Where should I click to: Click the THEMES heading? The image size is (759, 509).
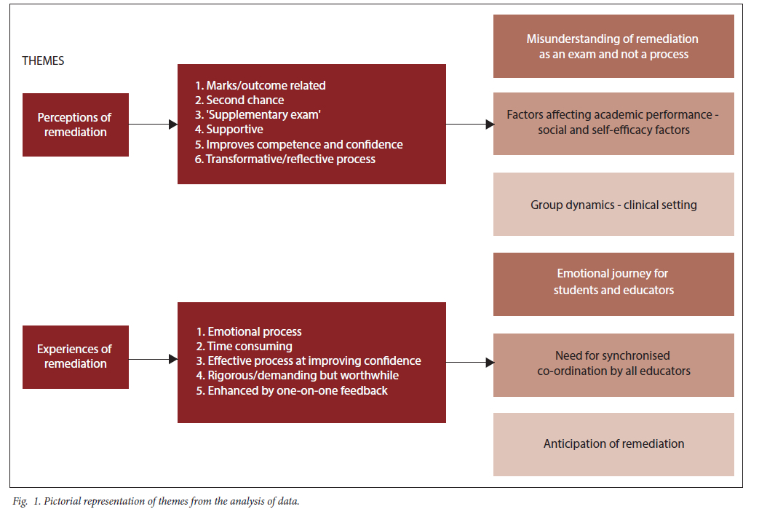[43, 60]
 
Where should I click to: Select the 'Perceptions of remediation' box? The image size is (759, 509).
[76, 125]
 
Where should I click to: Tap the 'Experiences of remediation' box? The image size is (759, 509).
[76, 357]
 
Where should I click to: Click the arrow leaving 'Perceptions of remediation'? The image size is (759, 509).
[153, 125]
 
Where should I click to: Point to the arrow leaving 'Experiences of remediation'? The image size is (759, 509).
[153, 359]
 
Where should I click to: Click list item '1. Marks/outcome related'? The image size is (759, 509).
[260, 86]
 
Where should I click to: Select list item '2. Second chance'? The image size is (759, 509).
[239, 100]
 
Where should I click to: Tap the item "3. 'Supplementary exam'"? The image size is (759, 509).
[258, 115]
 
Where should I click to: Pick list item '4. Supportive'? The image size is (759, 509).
[229, 130]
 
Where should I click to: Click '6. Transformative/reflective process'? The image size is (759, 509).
[285, 159]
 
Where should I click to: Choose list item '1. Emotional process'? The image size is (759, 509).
[249, 332]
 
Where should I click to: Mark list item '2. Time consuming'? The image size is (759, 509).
[244, 347]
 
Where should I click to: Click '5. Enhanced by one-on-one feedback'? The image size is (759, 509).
[292, 391]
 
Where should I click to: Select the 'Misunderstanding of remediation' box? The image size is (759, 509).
[613, 46]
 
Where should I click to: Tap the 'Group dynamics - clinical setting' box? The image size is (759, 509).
[613, 205]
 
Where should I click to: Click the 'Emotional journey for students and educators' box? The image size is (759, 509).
[613, 284]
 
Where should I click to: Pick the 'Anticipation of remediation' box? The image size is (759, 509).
[613, 444]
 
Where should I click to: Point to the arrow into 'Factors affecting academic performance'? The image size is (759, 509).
[470, 125]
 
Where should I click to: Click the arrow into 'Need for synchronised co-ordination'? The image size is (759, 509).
[470, 362]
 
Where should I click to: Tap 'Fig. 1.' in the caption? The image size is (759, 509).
[27, 501]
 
